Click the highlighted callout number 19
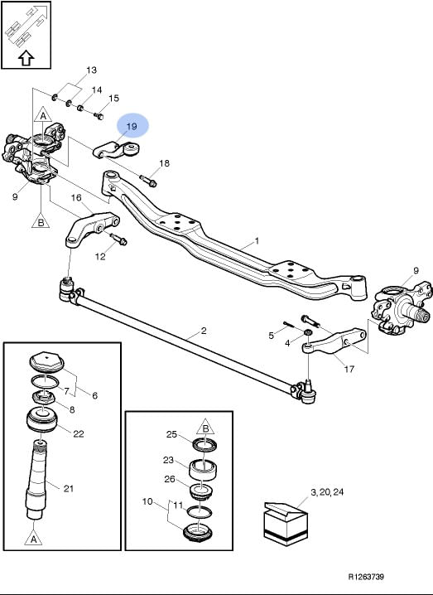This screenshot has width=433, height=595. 132,126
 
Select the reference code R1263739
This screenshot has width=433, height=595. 366,577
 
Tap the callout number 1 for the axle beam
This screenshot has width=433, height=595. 257,241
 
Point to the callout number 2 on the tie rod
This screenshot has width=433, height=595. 204,331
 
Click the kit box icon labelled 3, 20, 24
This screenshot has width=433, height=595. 286,524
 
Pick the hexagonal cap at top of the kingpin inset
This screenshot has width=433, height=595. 46,360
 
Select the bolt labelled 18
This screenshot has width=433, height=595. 148,181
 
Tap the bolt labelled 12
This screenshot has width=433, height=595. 118,239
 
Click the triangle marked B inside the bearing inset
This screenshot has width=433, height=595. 205,428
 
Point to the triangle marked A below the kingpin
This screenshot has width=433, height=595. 33,538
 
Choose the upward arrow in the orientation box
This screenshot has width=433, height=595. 26,59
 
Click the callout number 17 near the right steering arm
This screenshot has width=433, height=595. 349,369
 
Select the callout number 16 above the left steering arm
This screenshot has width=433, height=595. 76,198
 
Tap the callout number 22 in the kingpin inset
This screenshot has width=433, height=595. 79,433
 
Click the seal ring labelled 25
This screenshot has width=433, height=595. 205,445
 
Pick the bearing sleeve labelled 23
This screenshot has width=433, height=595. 203,470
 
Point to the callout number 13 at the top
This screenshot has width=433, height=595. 91,70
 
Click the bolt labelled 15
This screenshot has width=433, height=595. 99,116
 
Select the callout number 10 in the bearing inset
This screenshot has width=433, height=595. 147,501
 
